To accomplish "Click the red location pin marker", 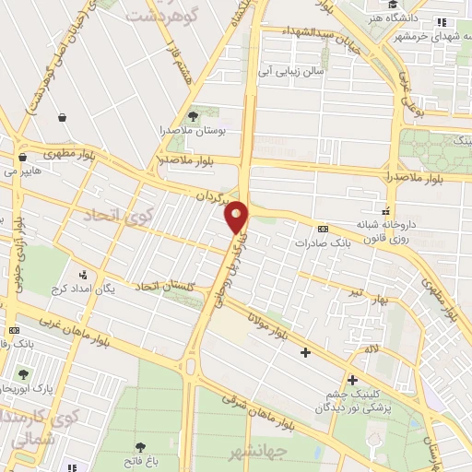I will coord(237,217).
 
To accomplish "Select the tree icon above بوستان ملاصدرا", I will coord(193,116).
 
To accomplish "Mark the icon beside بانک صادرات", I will coord(323,228).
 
